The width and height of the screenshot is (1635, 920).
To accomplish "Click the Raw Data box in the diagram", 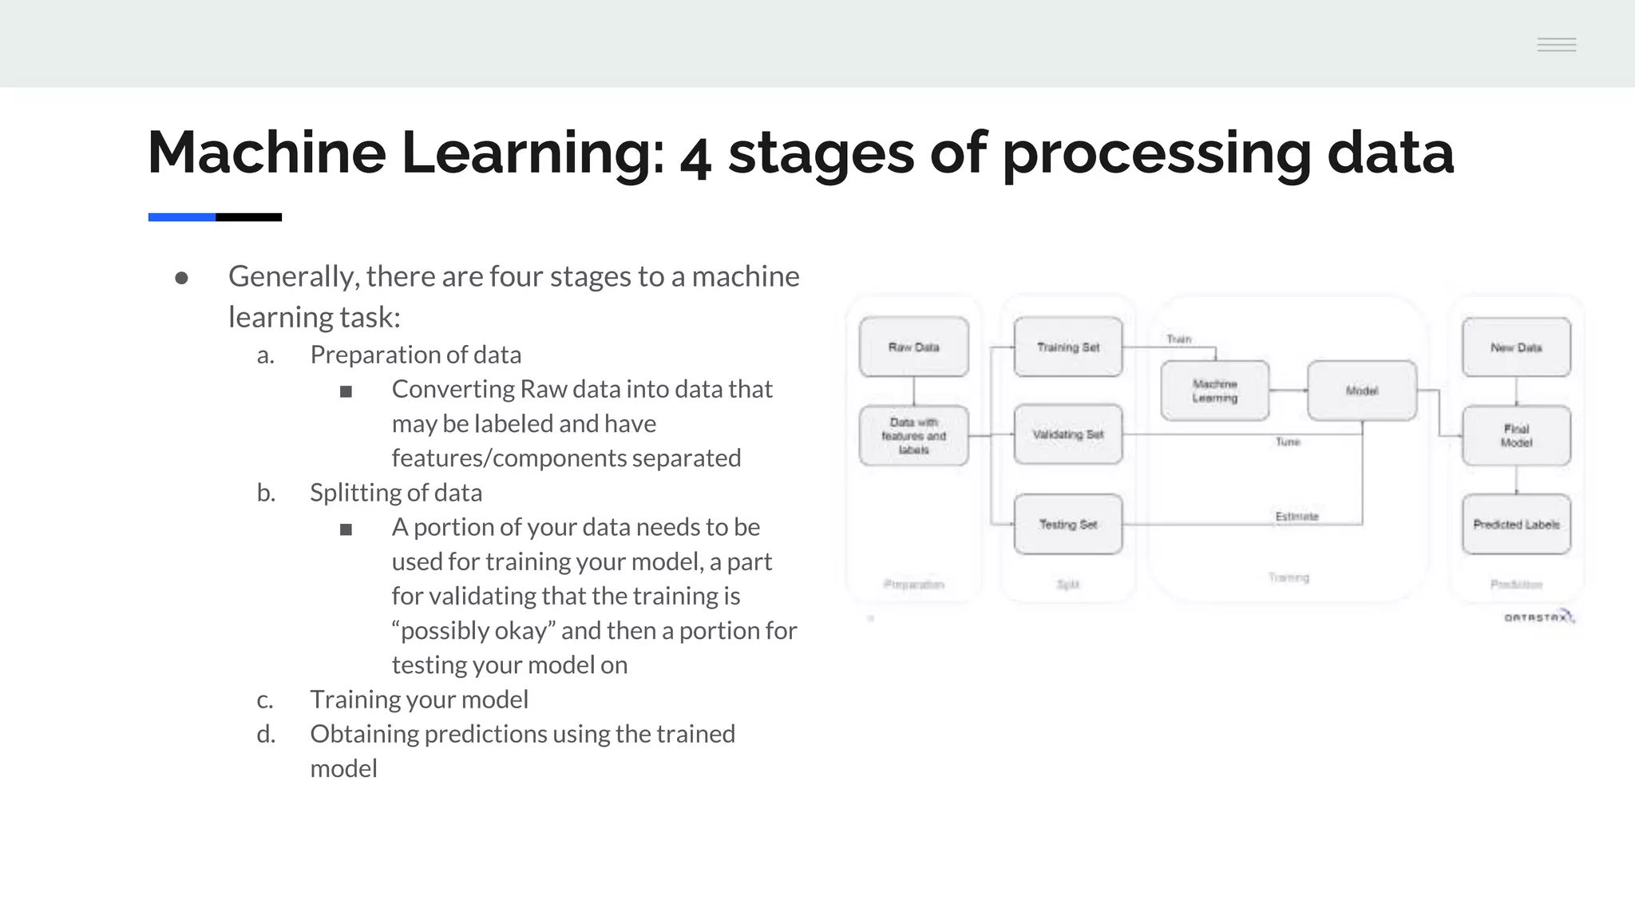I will pyautogui.click(x=913, y=347).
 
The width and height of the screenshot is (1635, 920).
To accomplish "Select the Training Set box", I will pyautogui.click(x=1067, y=347).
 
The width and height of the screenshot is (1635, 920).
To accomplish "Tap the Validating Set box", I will pyautogui.click(x=1067, y=434).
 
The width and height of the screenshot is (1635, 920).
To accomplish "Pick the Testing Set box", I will pyautogui.click(x=1067, y=525).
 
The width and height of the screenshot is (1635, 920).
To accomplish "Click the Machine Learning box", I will pyautogui.click(x=1214, y=391).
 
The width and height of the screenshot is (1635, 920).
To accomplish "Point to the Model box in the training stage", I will pyautogui.click(x=1361, y=391).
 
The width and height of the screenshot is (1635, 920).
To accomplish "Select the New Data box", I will pyautogui.click(x=1515, y=347).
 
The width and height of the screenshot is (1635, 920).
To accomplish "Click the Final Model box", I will pyautogui.click(x=1515, y=435).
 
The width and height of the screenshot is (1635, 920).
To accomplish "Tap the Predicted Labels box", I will pyautogui.click(x=1515, y=525).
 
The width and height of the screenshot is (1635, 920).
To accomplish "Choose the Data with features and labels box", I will pyautogui.click(x=913, y=435).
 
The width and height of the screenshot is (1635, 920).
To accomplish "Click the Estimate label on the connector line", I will pyautogui.click(x=1297, y=517).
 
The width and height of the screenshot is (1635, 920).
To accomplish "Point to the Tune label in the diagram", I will pyautogui.click(x=1287, y=442).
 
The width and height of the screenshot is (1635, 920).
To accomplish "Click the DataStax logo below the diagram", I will pyautogui.click(x=1538, y=617).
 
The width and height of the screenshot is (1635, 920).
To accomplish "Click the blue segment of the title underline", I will pyautogui.click(x=181, y=217).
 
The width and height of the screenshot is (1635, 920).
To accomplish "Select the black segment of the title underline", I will pyautogui.click(x=248, y=217).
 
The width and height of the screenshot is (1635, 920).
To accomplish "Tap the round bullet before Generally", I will pyautogui.click(x=181, y=278).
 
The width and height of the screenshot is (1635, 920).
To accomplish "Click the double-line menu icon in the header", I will pyautogui.click(x=1556, y=45).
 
